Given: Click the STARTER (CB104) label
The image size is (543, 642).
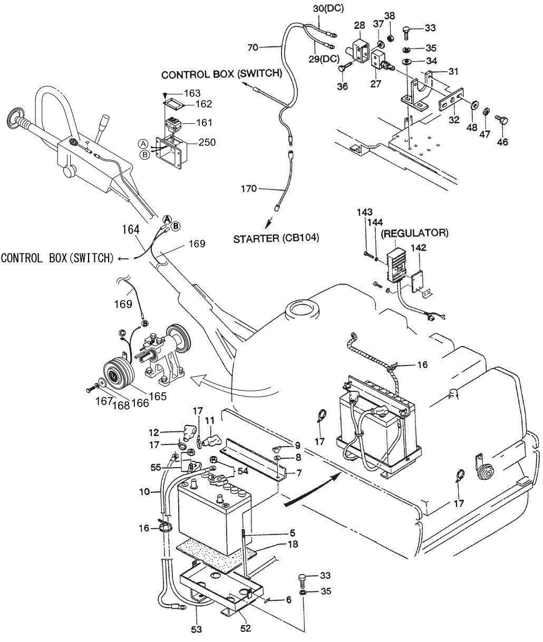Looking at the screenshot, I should (276, 239).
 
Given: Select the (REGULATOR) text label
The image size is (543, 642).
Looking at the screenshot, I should (415, 232).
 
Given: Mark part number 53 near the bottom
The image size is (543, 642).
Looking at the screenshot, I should (197, 628).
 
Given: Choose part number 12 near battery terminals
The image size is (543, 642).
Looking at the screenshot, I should (153, 432).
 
